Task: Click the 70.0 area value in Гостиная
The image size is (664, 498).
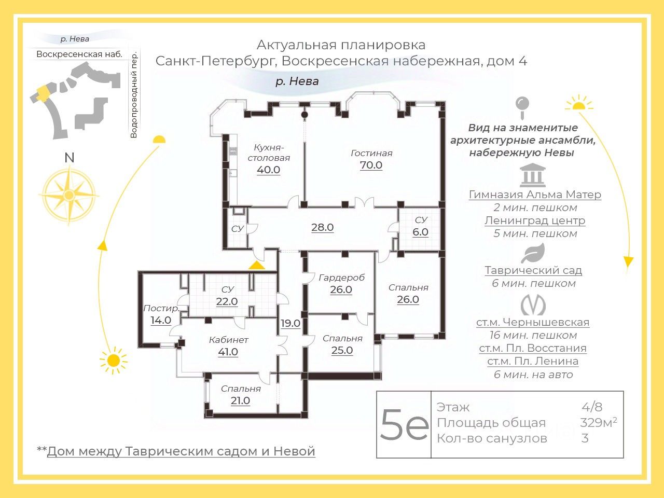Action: (x=371, y=165)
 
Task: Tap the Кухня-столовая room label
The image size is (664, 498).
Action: (x=269, y=152)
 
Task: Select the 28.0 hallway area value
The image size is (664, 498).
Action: (x=322, y=227)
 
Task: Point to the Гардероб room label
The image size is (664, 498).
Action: (x=341, y=278)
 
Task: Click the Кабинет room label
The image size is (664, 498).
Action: (x=228, y=340)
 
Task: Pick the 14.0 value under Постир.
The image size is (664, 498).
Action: (x=161, y=320)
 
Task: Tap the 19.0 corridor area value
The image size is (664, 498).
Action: (x=290, y=323)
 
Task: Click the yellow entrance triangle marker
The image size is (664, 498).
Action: (x=256, y=265)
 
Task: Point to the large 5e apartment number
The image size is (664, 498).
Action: (x=404, y=424)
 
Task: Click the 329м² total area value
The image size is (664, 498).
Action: (x=598, y=422)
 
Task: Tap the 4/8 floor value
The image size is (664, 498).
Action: (x=592, y=407)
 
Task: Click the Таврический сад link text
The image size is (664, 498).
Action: (x=533, y=270)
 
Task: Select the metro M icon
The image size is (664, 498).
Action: (x=533, y=305)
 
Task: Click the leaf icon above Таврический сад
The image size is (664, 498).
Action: (x=533, y=253)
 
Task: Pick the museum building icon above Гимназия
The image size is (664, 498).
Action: (x=533, y=175)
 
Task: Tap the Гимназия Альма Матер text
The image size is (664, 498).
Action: (x=535, y=195)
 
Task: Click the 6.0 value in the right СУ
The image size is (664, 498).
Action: (x=420, y=232)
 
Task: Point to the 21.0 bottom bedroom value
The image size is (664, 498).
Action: (x=240, y=400)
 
